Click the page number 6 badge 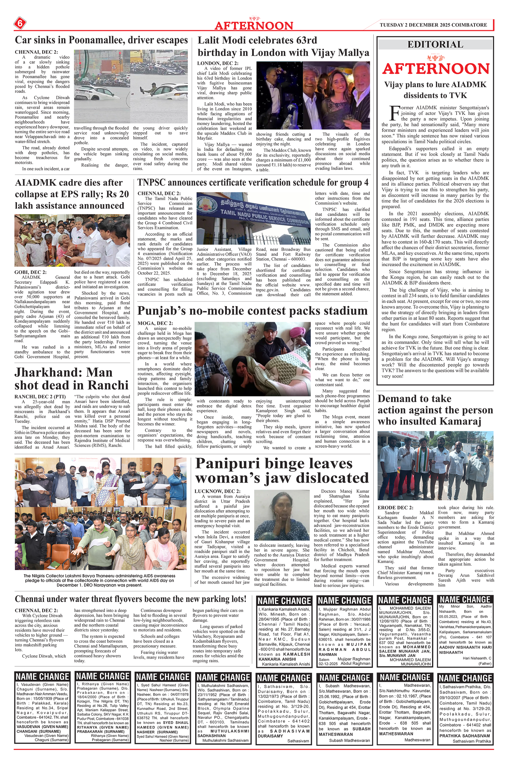[20, 23]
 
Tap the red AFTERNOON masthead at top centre [254, 26]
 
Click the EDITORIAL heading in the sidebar [435, 44]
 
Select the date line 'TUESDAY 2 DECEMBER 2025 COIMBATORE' [433, 25]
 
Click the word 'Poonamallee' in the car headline [96, 40]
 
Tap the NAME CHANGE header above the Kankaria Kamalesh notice [284, 601]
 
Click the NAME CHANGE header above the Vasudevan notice [42, 676]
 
